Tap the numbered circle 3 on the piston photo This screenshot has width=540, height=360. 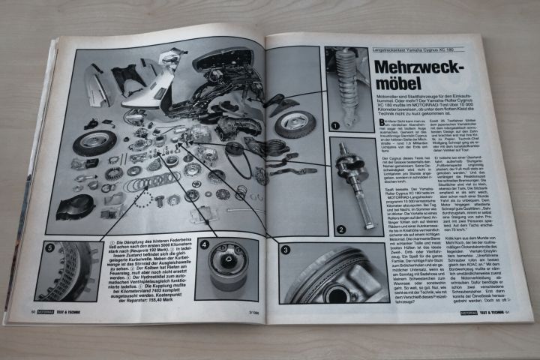tap(285, 249)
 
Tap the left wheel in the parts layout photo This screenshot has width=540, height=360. tap(94, 142)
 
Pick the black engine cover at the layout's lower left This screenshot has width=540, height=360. tap(75, 206)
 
